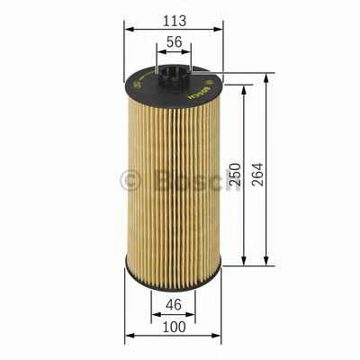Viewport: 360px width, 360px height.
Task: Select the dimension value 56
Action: [x=175, y=40]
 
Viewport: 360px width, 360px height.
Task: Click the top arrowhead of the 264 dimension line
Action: [x=266, y=76]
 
